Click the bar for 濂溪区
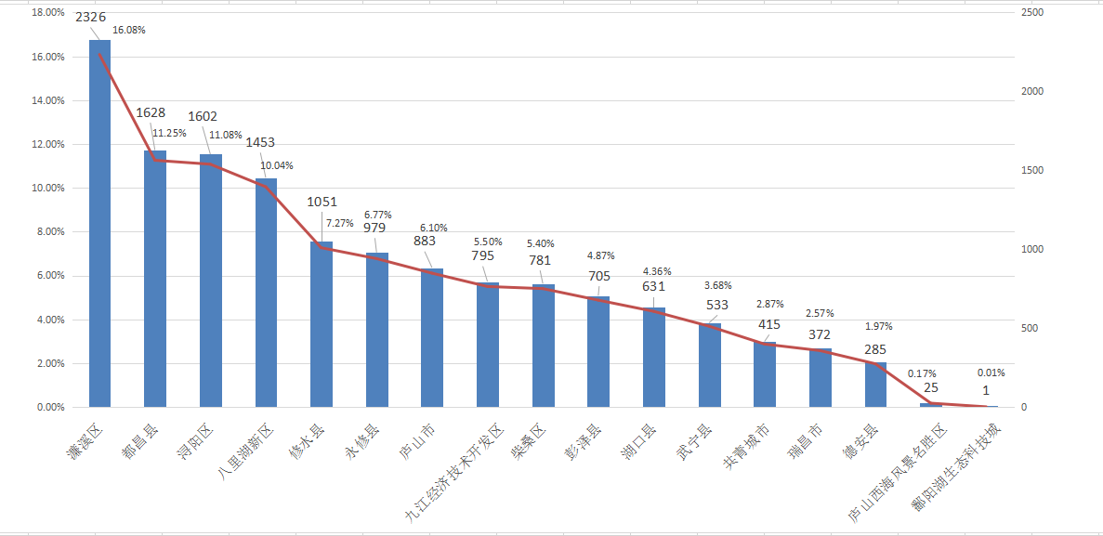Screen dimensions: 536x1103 99,223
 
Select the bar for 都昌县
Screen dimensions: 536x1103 155,279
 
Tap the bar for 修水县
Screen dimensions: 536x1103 322,324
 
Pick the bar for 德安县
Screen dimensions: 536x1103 876,385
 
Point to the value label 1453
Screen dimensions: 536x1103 261,143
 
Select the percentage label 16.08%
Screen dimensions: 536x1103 128,30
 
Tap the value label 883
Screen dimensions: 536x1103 426,241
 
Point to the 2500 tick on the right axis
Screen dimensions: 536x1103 1032,13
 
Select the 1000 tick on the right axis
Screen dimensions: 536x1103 1032,250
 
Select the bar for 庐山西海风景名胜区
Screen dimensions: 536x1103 931,405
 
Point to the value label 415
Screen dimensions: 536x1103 768,325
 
